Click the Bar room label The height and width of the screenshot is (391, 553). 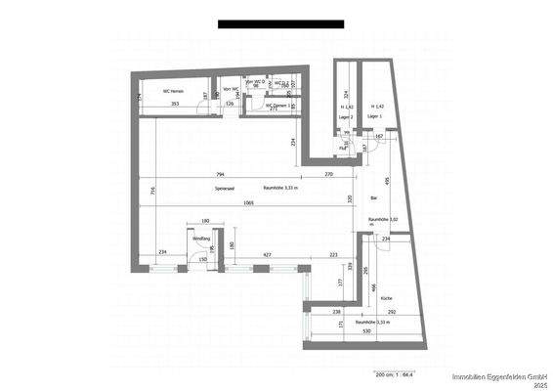click(373, 198)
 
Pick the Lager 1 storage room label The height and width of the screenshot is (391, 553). click(373, 116)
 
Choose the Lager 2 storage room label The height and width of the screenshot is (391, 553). click(345, 116)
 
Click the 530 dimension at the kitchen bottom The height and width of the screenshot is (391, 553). click(364, 333)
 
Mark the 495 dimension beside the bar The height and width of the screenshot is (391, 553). click(387, 181)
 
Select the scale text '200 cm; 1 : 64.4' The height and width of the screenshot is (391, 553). click(396, 373)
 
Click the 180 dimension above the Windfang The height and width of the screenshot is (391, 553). click(206, 222)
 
